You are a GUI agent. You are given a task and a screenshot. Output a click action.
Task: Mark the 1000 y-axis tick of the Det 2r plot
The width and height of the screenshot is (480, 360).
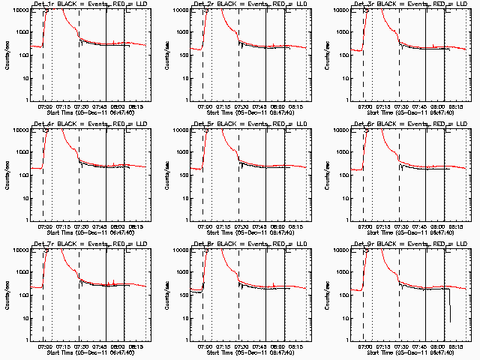pos(184,33)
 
